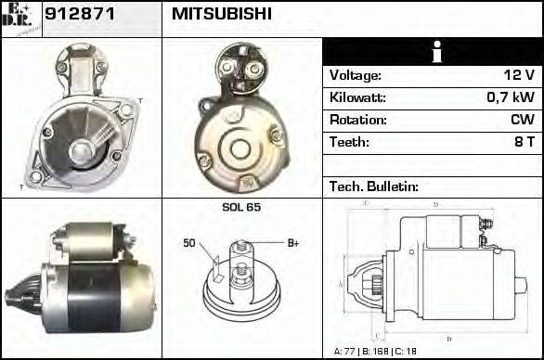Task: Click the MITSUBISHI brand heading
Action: coord(222,14)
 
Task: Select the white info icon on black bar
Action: coord(432,52)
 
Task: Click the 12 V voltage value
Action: coord(519,75)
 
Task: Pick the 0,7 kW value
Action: coord(513,97)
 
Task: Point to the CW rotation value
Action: coord(522,120)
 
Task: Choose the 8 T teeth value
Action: coord(525,142)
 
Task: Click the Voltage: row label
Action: coord(356,75)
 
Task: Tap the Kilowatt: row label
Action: coord(358,97)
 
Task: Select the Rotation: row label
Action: coord(357,120)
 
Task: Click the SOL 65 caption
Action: coord(241,207)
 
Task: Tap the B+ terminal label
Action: coord(293,243)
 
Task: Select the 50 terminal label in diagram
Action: coord(188,243)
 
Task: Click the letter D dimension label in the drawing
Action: coord(435,203)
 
